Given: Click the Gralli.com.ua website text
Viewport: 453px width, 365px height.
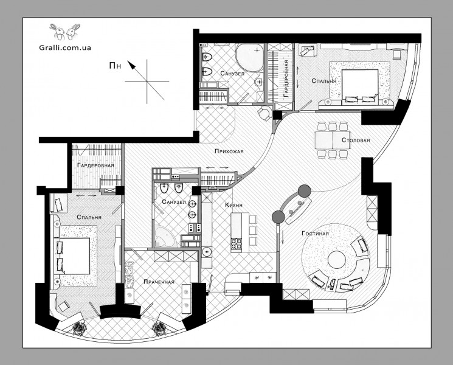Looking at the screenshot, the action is click(x=65, y=47).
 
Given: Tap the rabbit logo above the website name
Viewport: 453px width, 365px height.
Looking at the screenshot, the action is click(x=64, y=32).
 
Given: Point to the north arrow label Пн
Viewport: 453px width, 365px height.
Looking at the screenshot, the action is click(x=115, y=66).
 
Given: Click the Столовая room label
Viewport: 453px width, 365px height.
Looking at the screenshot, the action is click(x=356, y=140).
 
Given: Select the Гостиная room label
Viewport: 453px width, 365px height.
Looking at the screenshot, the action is click(x=315, y=233).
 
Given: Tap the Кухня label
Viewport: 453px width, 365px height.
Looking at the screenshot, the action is click(x=233, y=205).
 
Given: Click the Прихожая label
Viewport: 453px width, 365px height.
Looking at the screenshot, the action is click(x=229, y=151).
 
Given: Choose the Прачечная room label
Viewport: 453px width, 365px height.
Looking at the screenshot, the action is click(x=159, y=282).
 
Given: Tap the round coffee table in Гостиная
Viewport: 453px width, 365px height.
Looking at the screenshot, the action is click(x=335, y=259).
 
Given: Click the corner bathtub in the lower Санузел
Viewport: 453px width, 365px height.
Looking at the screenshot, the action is click(x=164, y=237).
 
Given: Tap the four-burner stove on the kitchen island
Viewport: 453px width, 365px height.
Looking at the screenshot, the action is click(x=236, y=243).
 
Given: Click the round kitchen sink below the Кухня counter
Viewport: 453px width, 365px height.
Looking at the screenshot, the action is click(x=207, y=252).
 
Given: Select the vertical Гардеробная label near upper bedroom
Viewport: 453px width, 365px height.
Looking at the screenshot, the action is click(x=286, y=78).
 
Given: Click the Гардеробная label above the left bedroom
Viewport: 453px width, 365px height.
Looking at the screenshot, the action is click(x=95, y=165).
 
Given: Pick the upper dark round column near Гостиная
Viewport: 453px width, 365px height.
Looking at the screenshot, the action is click(x=304, y=191).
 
